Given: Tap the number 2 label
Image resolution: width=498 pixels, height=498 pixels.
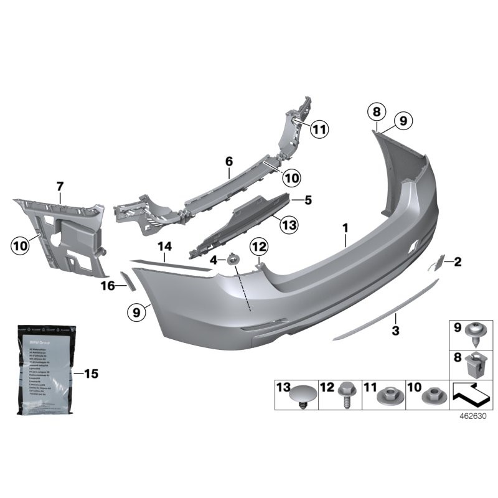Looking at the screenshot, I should tap(458, 261).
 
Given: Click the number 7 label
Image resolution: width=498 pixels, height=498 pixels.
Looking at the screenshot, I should tap(60, 186).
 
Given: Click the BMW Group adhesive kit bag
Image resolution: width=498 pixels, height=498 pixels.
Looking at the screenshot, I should tap(47, 374).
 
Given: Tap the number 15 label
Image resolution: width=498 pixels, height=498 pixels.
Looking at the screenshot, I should tap(91, 374).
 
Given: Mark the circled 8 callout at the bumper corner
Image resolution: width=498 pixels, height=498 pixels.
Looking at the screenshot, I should tap(375, 112).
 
